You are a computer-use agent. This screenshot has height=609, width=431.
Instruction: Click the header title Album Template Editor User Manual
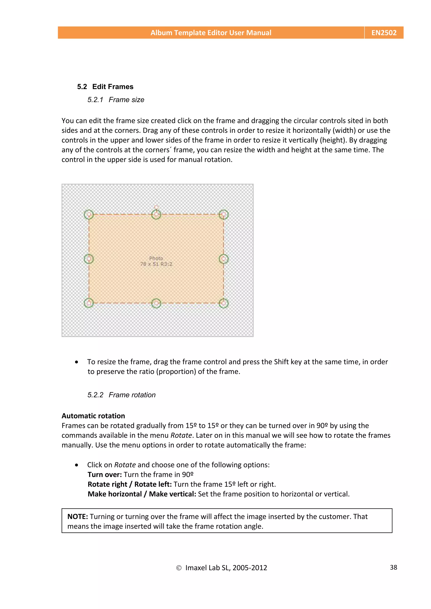tap(211, 33)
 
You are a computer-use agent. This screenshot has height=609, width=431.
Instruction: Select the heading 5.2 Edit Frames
tap(105, 87)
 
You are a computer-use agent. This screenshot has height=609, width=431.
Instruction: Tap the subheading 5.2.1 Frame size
tap(116, 100)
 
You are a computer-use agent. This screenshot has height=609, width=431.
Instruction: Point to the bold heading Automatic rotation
tap(93, 416)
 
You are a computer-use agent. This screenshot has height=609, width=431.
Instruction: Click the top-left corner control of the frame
tap(89, 214)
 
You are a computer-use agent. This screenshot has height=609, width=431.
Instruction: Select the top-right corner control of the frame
tap(223, 214)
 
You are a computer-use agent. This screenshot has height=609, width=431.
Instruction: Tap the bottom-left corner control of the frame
tap(89, 303)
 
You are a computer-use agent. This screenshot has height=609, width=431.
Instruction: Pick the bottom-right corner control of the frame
tap(223, 303)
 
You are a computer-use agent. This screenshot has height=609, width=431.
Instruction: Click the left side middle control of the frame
tap(89, 259)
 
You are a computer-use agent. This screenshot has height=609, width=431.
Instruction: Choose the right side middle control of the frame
tap(223, 259)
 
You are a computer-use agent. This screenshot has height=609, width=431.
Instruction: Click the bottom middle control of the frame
tap(156, 303)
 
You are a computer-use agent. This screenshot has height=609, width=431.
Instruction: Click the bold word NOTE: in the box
tap(77, 517)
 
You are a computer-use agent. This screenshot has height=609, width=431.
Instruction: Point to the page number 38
tap(393, 567)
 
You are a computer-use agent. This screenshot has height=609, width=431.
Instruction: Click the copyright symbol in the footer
tap(179, 568)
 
